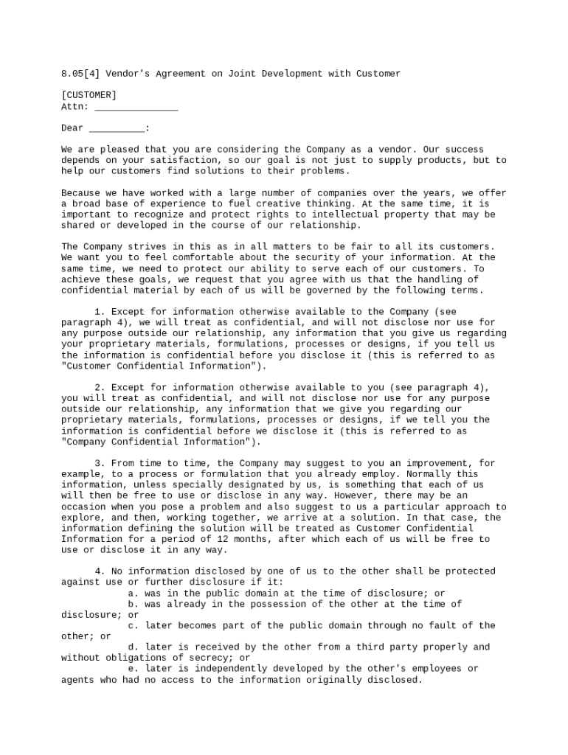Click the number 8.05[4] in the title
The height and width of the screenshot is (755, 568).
[80, 74]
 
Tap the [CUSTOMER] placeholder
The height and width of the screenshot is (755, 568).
[89, 95]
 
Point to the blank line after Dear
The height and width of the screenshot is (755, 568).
[117, 128]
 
